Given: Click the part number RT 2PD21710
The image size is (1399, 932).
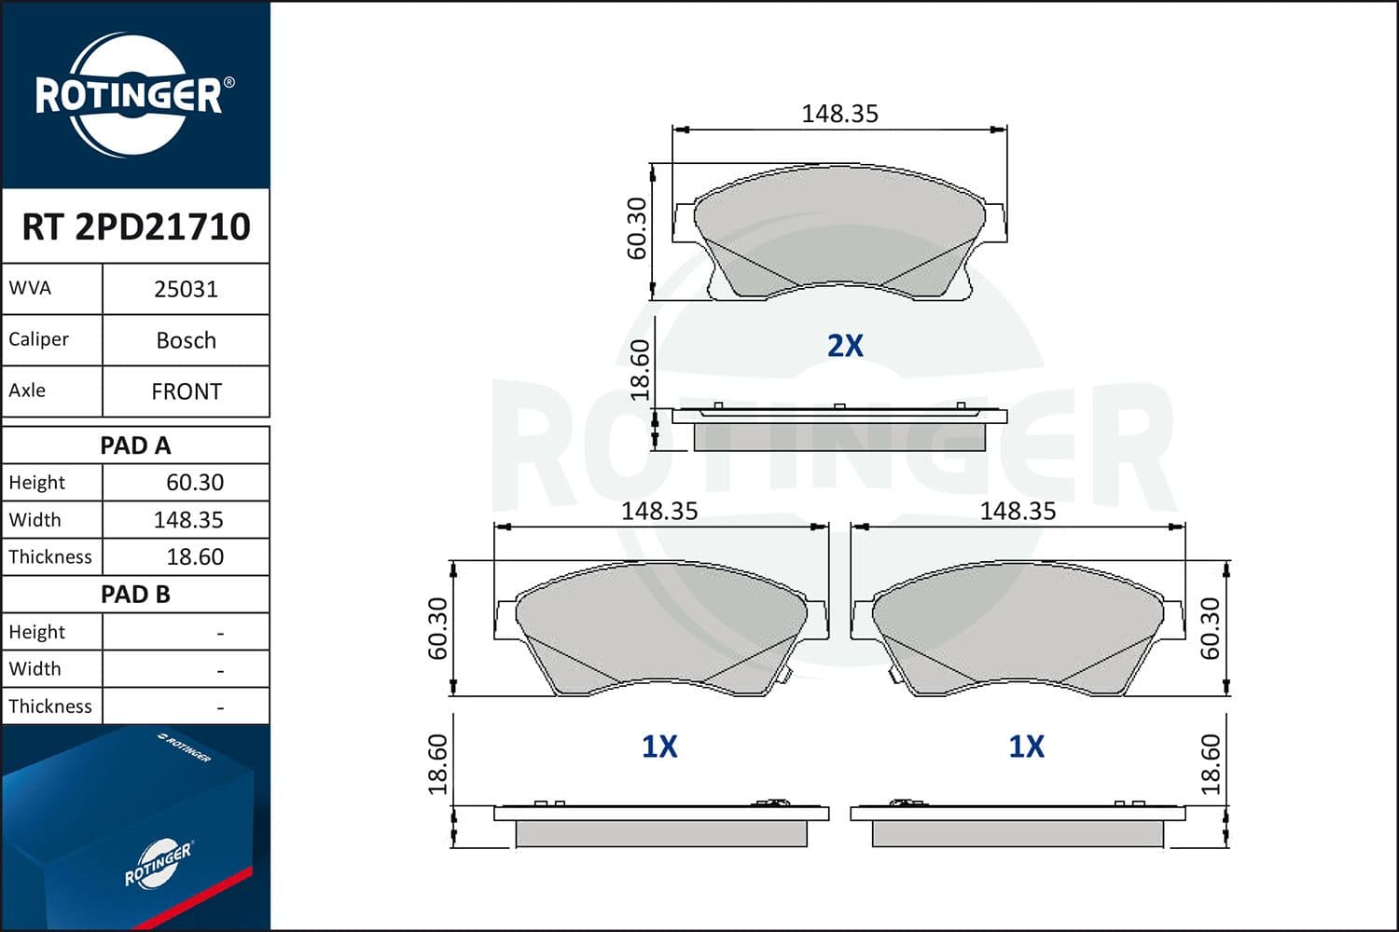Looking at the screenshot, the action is [136, 226].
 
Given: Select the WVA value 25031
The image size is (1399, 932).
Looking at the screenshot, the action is [187, 290].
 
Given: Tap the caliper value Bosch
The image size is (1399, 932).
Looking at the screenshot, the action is [187, 341].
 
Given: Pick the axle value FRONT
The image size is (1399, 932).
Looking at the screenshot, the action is [187, 392].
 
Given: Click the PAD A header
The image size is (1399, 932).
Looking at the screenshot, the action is [135, 445].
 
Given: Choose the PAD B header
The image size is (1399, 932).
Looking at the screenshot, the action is [135, 595].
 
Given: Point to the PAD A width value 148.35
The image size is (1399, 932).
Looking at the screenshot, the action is [188, 520].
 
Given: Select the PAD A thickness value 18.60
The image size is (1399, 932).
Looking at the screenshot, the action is [195, 556].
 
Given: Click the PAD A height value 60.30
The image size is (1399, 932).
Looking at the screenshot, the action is [195, 483].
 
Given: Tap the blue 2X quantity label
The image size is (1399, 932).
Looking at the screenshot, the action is [845, 346].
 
